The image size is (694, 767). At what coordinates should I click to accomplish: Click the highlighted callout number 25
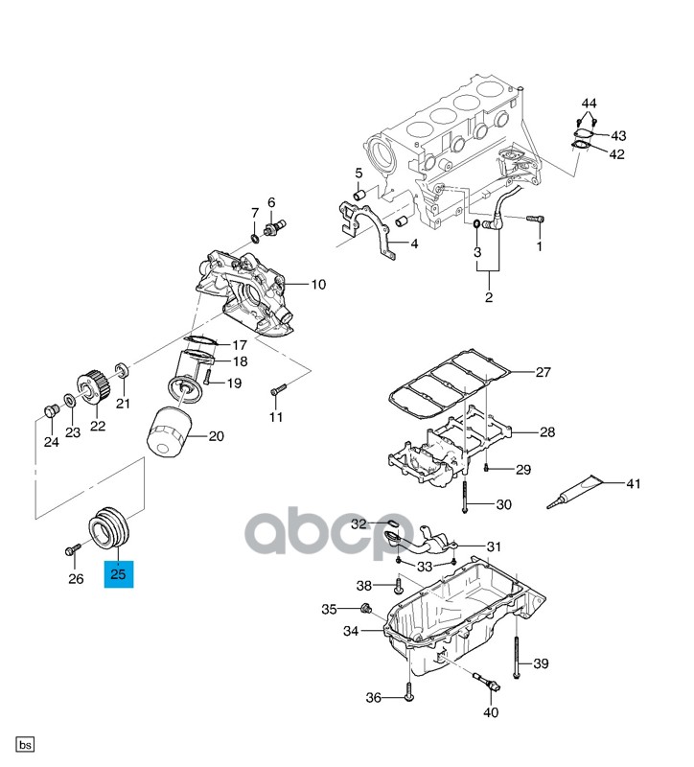point(119,574)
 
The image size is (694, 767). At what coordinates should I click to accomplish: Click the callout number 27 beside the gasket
point(543,372)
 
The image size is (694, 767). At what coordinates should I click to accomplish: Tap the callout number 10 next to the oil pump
point(318,285)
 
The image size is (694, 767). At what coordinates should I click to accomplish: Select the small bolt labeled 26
point(74,551)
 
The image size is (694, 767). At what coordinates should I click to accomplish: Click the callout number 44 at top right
point(588,103)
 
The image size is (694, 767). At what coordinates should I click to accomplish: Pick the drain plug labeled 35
point(365,609)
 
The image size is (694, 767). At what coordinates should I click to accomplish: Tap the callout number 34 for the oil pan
point(350,632)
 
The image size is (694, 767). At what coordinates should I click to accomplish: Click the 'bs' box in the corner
point(25,745)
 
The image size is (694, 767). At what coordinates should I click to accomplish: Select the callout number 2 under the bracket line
point(488,298)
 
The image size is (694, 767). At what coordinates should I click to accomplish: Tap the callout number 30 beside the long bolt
point(503,504)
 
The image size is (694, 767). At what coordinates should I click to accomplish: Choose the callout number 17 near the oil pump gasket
point(238,345)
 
